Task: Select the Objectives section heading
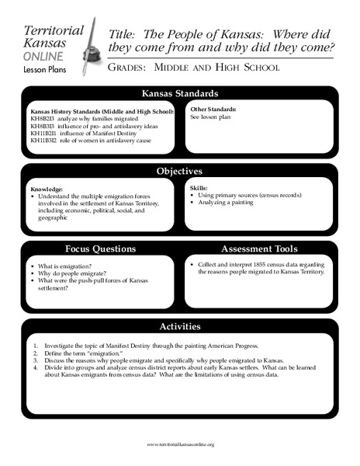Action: pos(179,170)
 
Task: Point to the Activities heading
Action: pos(179,327)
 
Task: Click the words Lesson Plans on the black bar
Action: pos(43,69)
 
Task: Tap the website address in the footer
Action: pos(180,443)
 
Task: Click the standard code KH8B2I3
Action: pos(43,118)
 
